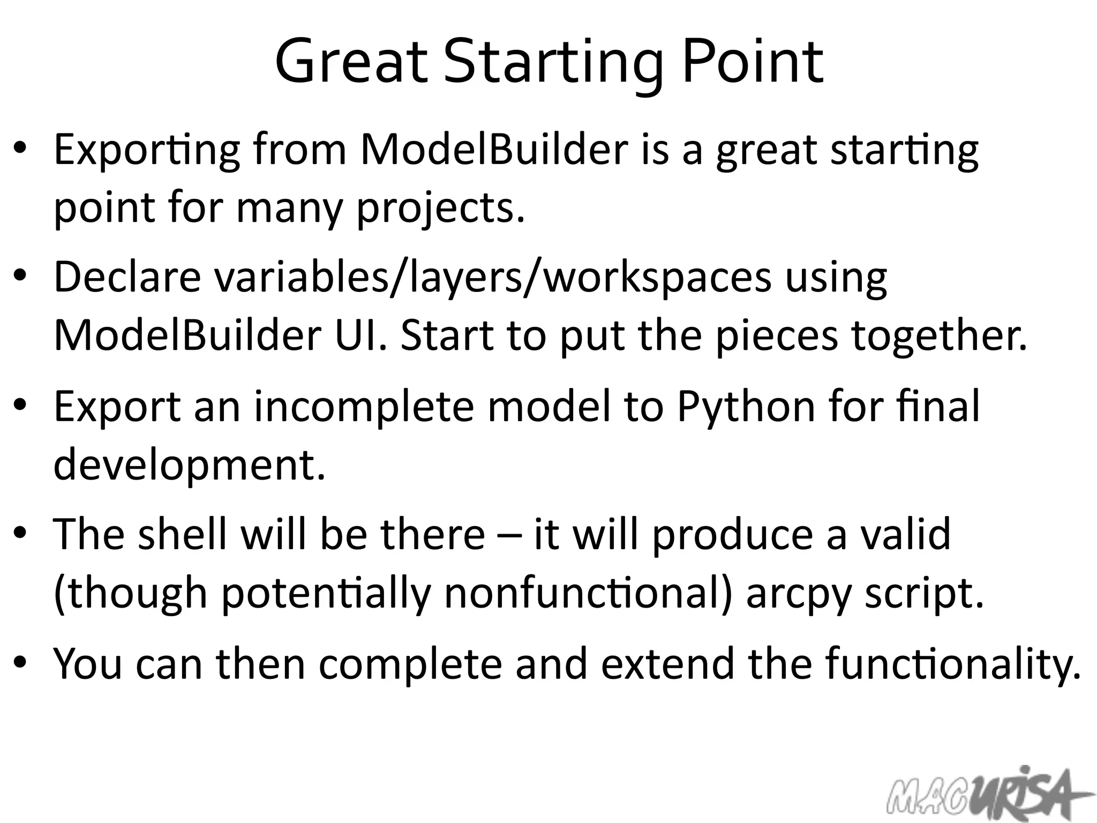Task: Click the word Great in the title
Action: pos(351,62)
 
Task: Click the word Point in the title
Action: pos(753,62)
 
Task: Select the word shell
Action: pos(182,534)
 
